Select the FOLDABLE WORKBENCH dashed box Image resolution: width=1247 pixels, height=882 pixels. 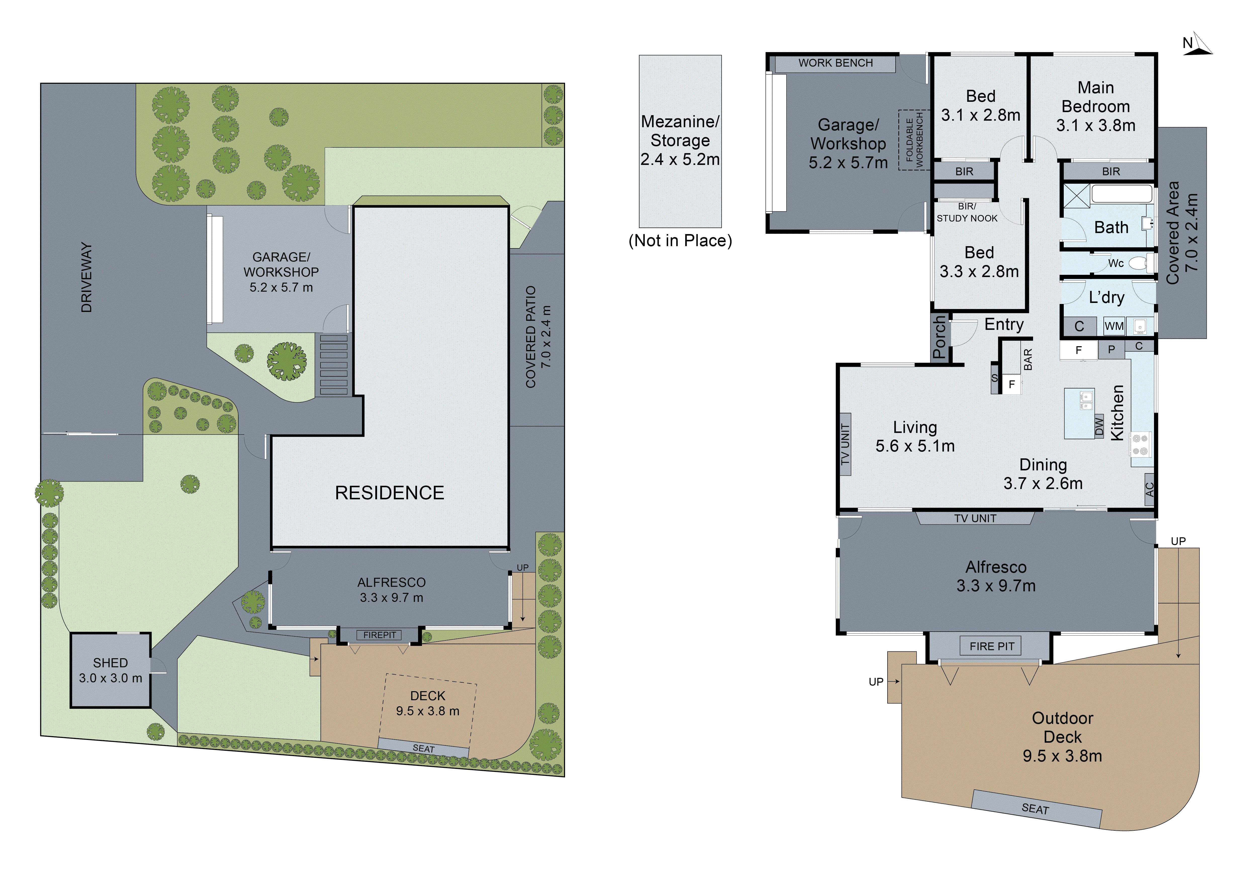click(x=914, y=140)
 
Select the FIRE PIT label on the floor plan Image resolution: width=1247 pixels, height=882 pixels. click(x=992, y=646)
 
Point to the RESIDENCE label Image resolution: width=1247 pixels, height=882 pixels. click(x=389, y=493)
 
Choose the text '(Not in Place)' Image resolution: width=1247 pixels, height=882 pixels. click(x=680, y=241)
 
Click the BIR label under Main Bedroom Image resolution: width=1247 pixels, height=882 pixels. click(x=1111, y=172)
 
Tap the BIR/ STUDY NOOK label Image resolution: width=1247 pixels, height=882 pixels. click(x=967, y=212)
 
